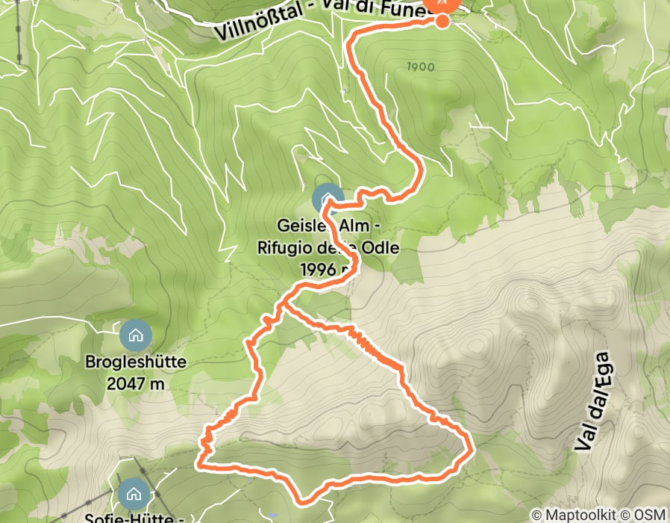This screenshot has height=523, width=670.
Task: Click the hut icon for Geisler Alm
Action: coord(327,199)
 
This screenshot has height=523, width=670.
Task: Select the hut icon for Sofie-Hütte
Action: coord(134,494)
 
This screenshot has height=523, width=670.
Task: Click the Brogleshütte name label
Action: coord(135,364)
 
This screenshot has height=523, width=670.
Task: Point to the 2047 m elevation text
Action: coord(135,384)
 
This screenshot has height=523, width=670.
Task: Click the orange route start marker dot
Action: coord(442,20)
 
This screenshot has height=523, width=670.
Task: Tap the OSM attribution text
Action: coord(649,515)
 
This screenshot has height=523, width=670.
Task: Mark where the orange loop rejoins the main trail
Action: coord(283,305)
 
